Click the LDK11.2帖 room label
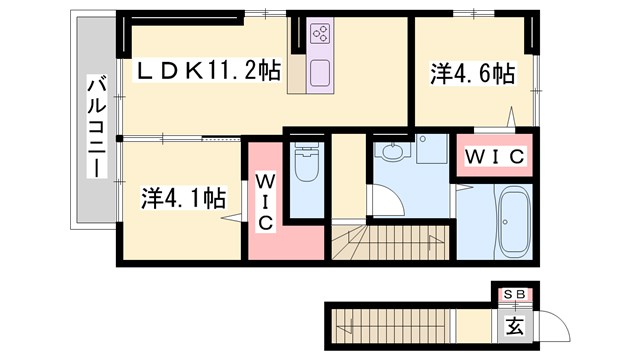click(x=208, y=70)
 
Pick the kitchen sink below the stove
click(x=322, y=73)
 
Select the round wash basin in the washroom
click(x=393, y=152)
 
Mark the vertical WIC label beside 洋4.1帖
click(x=266, y=202)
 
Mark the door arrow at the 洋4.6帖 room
click(x=513, y=118)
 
